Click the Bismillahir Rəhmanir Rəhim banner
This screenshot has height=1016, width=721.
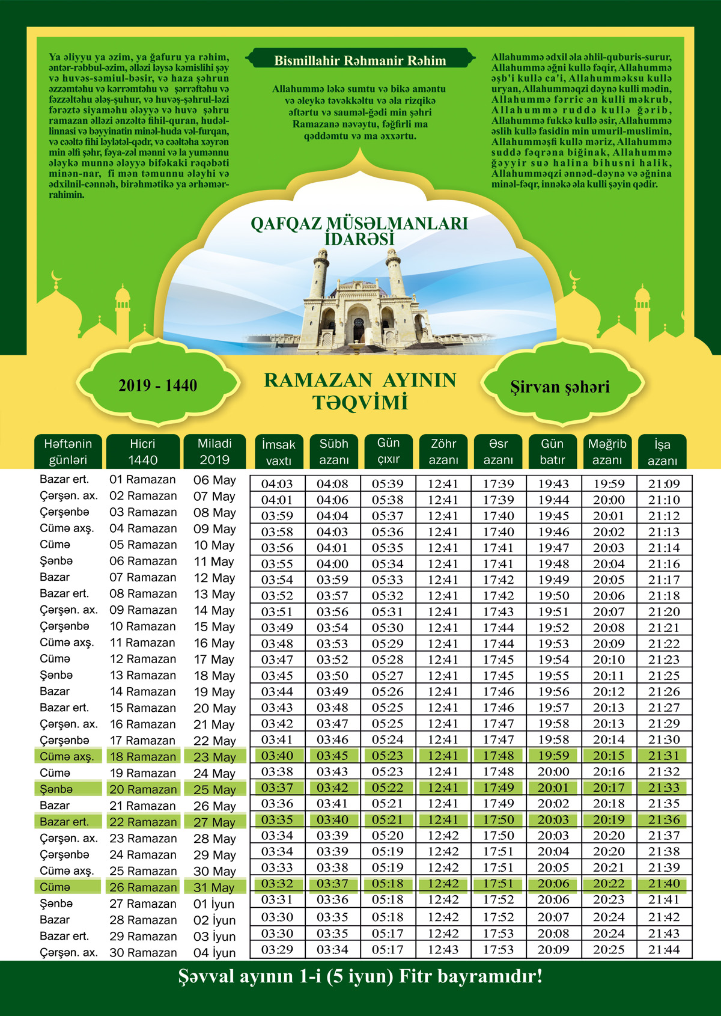pos(360,60)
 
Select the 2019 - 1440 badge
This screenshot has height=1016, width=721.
pos(157,386)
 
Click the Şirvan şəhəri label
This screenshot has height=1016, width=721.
pos(560,387)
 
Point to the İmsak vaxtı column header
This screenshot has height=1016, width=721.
pos(278,452)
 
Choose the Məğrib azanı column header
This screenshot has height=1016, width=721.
pos(607,451)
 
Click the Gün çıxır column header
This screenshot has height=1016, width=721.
pos(388,451)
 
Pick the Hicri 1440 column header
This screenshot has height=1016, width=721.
pos(142,451)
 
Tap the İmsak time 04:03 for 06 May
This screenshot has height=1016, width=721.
pos(277,484)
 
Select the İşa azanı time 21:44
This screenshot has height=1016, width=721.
pos(664,950)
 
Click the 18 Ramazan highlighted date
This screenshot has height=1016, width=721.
pos(143,757)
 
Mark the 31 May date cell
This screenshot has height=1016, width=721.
pos(214,887)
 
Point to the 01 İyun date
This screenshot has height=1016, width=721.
pos(214,904)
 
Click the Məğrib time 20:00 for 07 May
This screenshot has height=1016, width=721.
pos(609,500)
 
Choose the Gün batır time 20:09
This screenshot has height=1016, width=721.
pos(553,950)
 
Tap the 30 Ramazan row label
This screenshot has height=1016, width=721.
pos(143,953)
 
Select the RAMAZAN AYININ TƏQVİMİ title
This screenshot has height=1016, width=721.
pos(360,391)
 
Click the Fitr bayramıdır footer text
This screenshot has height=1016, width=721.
pos(360,976)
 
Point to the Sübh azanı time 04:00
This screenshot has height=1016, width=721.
pos(332,564)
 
